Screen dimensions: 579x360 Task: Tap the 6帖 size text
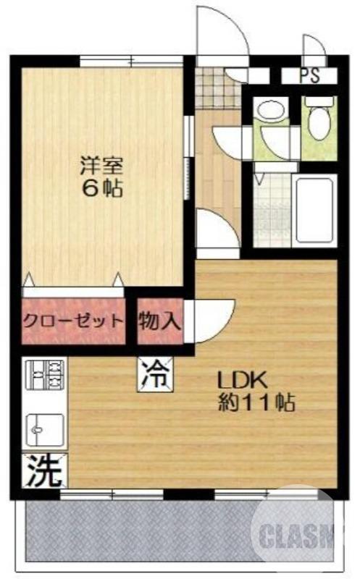pos(101,190)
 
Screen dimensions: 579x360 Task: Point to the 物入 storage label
pos(159,320)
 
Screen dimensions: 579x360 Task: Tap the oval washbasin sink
pos(270,111)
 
